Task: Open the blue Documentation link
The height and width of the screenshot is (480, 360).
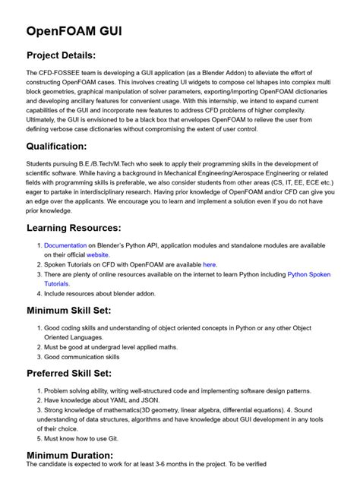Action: (65, 245)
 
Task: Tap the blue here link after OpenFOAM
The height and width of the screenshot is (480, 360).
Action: (210, 264)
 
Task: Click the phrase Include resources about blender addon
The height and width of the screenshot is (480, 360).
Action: (100, 292)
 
